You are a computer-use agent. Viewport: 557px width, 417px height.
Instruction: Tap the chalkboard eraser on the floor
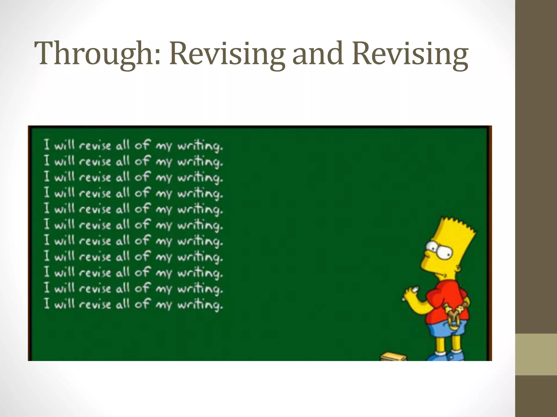pyautogui.click(x=393, y=356)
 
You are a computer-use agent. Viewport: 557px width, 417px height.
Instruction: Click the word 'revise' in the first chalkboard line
pyautogui.click(x=95, y=146)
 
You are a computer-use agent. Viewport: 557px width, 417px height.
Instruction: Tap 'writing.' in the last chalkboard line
pyautogui.click(x=200, y=305)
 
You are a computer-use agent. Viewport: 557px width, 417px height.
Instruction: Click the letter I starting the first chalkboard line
pyautogui.click(x=47, y=144)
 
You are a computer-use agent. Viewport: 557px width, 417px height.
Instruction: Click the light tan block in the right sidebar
pyautogui.click(x=536, y=354)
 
